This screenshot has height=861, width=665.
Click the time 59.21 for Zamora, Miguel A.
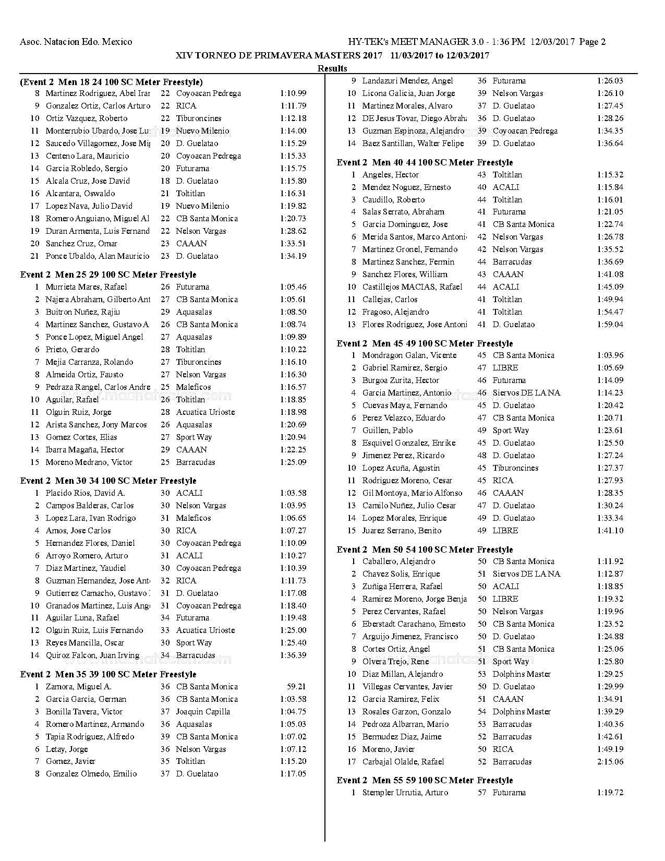pyautogui.click(x=296, y=687)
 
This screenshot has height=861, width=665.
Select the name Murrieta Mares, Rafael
pyautogui.click(x=86, y=287)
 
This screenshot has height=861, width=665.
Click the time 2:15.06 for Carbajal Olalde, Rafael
pyautogui.click(x=610, y=762)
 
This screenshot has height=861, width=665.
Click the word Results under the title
pyautogui.click(x=332, y=68)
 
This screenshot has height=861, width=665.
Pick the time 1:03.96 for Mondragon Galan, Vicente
pyautogui.click(x=610, y=355)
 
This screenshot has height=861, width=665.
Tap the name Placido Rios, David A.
pyautogui.click(x=85, y=493)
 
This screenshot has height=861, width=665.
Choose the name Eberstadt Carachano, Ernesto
pyautogui.click(x=414, y=624)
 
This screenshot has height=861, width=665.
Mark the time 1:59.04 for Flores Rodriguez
pyautogui.click(x=610, y=325)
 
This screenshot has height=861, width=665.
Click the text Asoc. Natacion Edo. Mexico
pyautogui.click(x=76, y=42)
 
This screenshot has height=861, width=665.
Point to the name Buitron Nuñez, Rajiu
pyautogui.click(x=82, y=312)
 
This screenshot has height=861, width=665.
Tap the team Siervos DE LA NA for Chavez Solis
pyautogui.click(x=526, y=574)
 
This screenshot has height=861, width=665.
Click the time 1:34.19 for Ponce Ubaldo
pyautogui.click(x=293, y=256)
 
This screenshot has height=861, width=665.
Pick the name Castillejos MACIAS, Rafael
pyautogui.click(x=412, y=287)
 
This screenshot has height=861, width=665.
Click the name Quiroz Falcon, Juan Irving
pyautogui.click(x=92, y=655)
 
